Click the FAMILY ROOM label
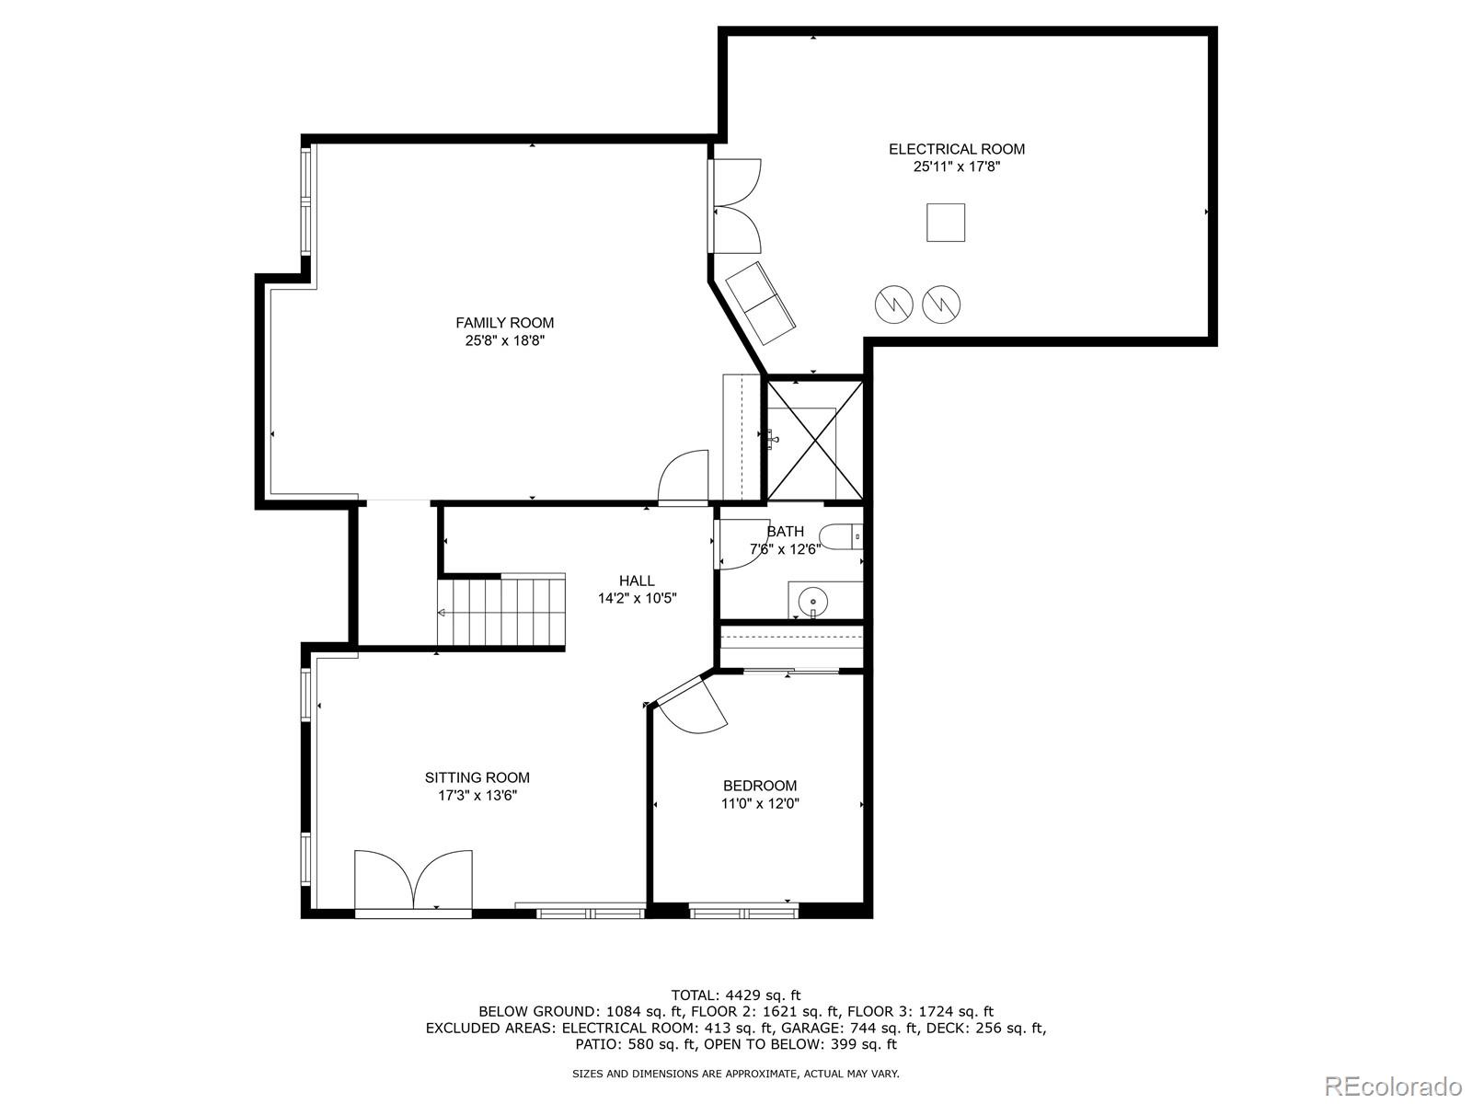coord(504,323)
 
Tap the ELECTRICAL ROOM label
coord(956,149)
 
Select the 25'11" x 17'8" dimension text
coord(956,167)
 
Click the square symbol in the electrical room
coord(945,223)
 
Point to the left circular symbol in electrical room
coord(892,304)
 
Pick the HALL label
coord(637,581)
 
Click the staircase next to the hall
coord(501,612)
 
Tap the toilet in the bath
coord(839,535)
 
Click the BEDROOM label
coord(759,786)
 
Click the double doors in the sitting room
coord(413,881)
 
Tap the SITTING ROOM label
coord(477,777)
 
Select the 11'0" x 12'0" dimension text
coord(759,803)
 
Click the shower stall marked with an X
coord(815,441)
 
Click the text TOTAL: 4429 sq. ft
coord(735,995)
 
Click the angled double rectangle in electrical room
coord(761,302)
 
